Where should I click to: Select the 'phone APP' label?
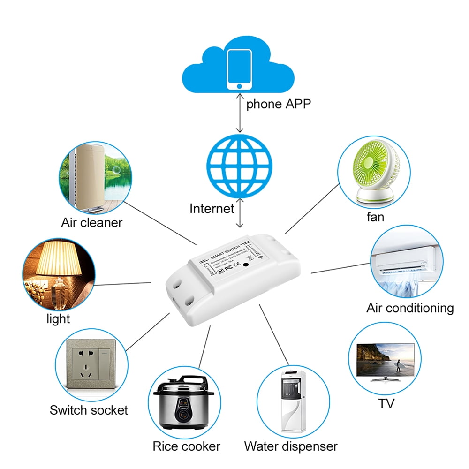(279, 104)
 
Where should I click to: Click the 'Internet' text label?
(212, 208)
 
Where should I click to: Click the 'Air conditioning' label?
(410, 308)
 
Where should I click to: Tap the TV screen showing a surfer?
(385, 359)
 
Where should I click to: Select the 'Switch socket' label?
(89, 410)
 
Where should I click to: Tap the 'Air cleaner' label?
(91, 222)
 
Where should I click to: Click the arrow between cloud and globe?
(240, 112)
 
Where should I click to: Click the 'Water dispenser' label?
(290, 446)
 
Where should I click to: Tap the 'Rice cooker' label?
(186, 446)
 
